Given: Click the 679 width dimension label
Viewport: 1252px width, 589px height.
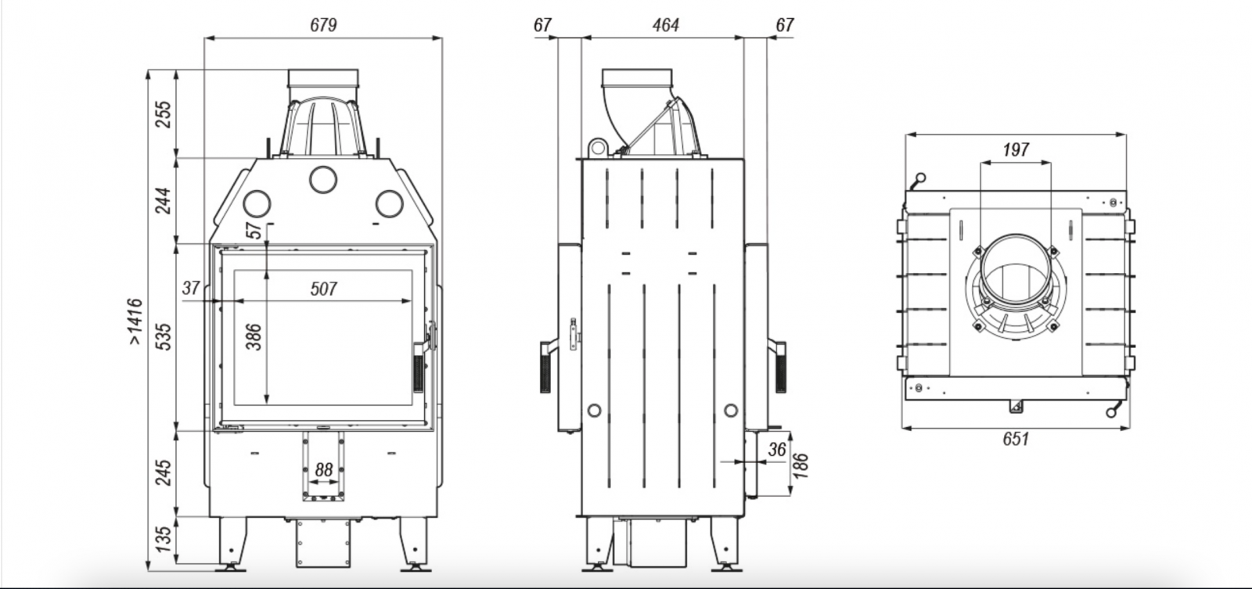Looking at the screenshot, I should (322, 25).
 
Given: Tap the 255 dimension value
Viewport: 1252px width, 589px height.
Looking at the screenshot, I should (163, 114).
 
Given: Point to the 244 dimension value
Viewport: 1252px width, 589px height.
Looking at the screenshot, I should (163, 201).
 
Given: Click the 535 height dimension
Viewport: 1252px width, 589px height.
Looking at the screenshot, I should (163, 336).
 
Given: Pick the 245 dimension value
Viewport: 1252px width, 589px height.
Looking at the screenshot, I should (163, 472).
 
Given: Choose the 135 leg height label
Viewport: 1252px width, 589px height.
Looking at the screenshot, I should (163, 540).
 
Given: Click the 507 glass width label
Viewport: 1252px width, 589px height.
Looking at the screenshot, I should (323, 289).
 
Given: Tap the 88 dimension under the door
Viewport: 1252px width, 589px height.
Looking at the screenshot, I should (323, 470).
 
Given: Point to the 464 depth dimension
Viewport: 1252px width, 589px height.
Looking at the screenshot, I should (665, 25).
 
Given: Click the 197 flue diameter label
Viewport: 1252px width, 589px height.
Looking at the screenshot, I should (1016, 149).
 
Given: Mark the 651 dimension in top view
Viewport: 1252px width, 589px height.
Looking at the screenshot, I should (1015, 440).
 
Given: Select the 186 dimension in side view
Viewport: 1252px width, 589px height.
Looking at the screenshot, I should (800, 465).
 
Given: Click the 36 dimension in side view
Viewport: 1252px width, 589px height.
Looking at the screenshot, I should (776, 450).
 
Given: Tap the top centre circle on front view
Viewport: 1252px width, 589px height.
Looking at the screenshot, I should (322, 179).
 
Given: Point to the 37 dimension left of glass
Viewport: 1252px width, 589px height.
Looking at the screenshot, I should (191, 288).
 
